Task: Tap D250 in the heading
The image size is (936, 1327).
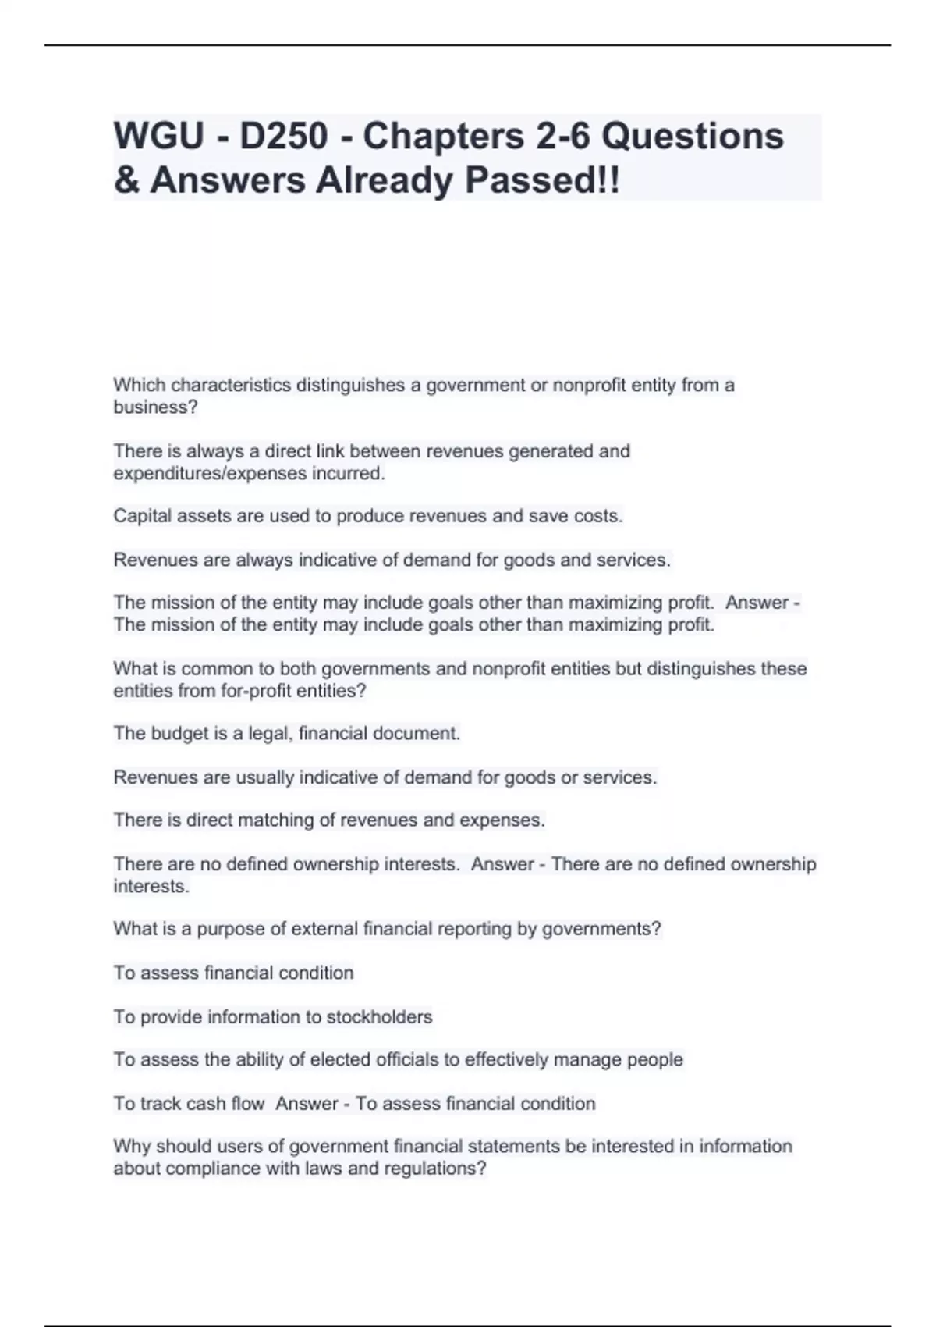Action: [284, 137]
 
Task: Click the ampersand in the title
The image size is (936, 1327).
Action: [126, 180]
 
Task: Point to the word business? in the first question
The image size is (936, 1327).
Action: [156, 407]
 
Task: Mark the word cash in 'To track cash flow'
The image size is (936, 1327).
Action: [207, 1104]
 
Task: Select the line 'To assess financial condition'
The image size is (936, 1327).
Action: [233, 973]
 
